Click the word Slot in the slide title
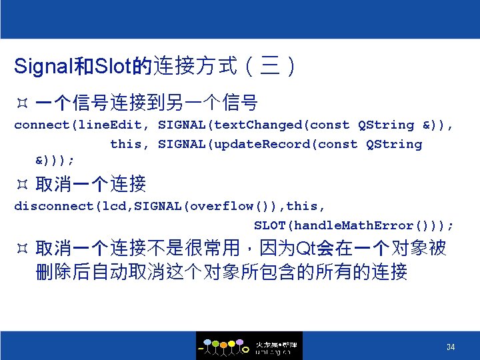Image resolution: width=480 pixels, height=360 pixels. pos(113,67)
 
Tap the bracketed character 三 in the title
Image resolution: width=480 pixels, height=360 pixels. pos(269,67)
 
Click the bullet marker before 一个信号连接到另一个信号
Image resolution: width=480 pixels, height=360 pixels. pos(21,103)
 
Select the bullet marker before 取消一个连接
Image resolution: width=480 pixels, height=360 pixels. pos(21,184)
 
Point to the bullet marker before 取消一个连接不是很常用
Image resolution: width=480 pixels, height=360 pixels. pos(21,249)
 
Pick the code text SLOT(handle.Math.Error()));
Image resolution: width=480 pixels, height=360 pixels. pos(354,225)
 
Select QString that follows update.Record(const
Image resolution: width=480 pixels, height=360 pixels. pos(394,144)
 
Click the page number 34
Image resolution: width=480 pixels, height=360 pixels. pos(451,347)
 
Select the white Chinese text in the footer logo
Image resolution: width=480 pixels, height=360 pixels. pos(277,344)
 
